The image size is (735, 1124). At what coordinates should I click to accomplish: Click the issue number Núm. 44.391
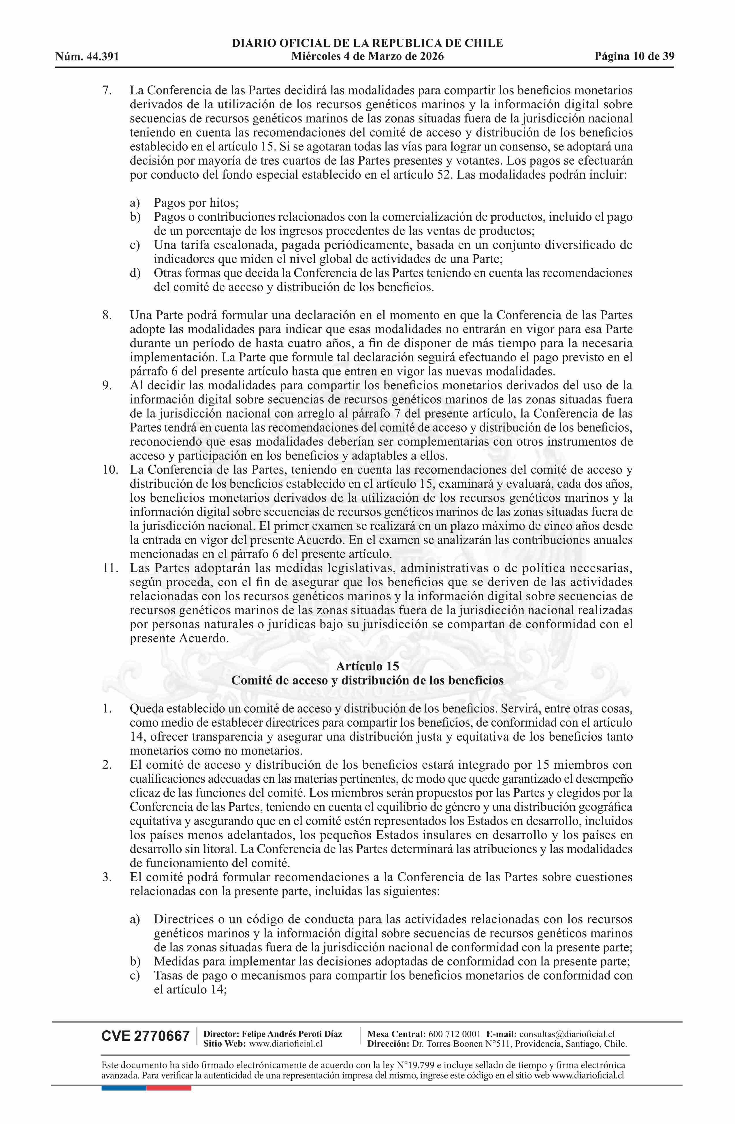[87, 57]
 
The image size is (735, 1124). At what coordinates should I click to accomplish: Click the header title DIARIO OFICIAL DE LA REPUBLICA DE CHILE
[367, 44]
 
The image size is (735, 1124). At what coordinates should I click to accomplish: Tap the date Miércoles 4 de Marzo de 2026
[367, 57]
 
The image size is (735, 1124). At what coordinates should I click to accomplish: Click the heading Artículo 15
[367, 666]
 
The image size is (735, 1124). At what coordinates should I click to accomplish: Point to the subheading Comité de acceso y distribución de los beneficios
[367, 680]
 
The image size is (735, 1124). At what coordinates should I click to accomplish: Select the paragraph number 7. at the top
[107, 90]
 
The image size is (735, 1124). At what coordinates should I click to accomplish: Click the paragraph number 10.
[109, 469]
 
